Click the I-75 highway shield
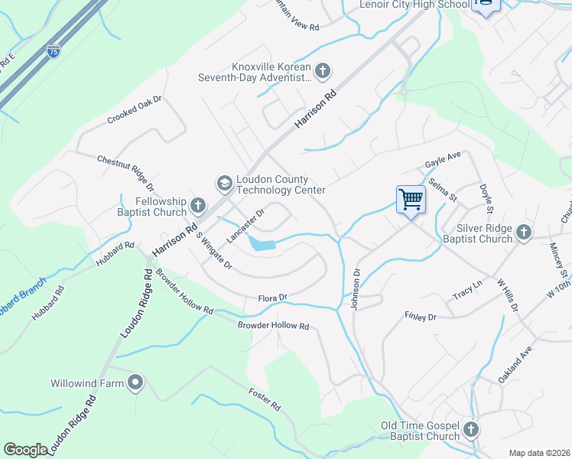(53, 51)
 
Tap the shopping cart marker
(411, 200)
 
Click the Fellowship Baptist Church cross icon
(197, 204)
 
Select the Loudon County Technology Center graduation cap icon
(224, 182)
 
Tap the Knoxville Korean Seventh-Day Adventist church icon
(322, 71)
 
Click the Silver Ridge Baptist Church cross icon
(523, 231)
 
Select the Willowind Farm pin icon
(136, 382)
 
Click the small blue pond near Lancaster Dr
(261, 244)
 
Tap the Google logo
(26, 449)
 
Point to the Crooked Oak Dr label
(135, 110)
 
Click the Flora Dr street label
(271, 297)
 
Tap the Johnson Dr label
(356, 288)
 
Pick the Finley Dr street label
(420, 316)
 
